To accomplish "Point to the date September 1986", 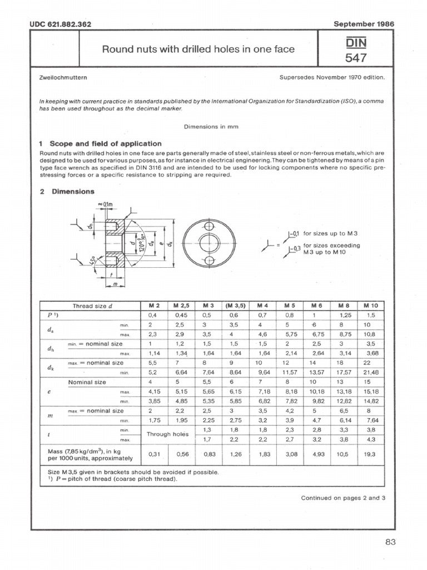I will coord(363,24).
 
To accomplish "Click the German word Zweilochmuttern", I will coord(62,78).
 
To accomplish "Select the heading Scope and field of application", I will coord(106,143).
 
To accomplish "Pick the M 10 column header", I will coord(370,306).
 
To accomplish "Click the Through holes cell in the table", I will coord(168,434).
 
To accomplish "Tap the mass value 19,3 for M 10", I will coord(370,454).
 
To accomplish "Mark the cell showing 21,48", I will coord(370,372).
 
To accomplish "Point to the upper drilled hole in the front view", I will coord(209,225).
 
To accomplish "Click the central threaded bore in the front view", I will coord(209,243).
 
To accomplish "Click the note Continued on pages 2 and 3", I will coord(343,498).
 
